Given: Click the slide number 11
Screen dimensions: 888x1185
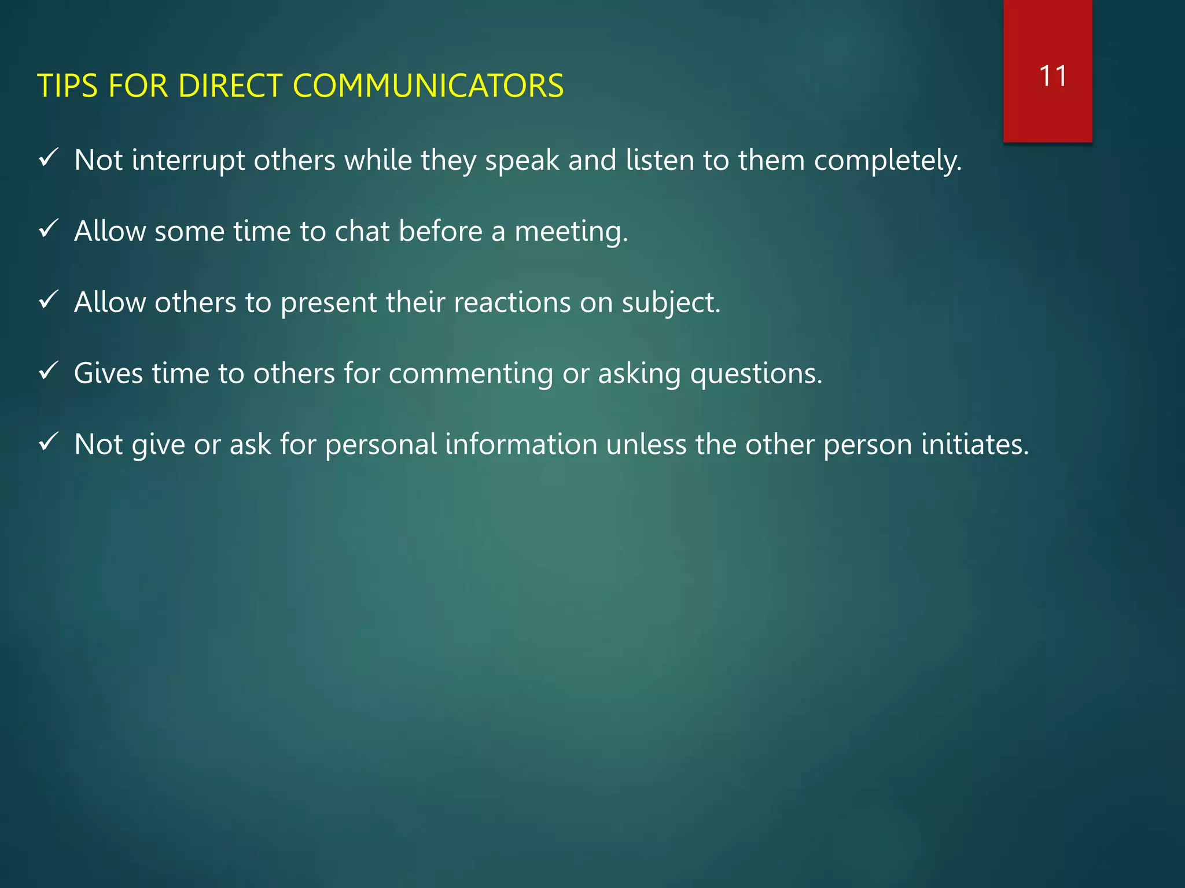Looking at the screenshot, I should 1052,76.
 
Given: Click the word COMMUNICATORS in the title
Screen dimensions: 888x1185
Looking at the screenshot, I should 428,86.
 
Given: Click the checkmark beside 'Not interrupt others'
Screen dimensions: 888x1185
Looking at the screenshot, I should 48,158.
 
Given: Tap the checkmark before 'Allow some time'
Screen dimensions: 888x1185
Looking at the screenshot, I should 48,229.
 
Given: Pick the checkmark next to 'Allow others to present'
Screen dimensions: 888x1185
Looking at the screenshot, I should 48,300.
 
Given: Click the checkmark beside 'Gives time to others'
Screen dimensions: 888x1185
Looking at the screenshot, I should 48,371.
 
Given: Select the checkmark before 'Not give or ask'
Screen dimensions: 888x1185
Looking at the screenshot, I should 48,442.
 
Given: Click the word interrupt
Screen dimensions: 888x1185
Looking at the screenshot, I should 188,160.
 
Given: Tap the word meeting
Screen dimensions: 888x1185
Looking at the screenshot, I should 571,231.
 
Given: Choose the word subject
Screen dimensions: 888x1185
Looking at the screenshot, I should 671,302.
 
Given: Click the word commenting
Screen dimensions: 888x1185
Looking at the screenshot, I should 470,373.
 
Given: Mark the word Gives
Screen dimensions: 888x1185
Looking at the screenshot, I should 108,373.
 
